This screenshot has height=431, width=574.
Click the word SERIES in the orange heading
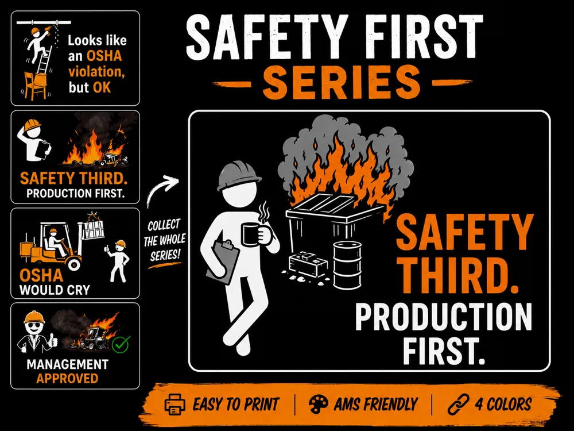click(342, 82)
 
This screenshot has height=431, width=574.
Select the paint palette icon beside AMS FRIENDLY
click(319, 404)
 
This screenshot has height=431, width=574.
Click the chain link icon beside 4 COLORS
click(459, 404)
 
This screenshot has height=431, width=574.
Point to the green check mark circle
click(121, 344)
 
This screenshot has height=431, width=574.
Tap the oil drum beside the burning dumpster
click(347, 264)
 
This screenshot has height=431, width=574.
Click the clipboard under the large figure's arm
click(223, 261)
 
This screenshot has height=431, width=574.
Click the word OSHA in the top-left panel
click(104, 56)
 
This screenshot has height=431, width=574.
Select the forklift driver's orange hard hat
click(54, 231)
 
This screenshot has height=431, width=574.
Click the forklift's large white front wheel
click(74, 263)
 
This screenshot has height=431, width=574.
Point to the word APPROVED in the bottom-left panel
click(67, 378)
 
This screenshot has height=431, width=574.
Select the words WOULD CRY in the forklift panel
click(55, 290)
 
